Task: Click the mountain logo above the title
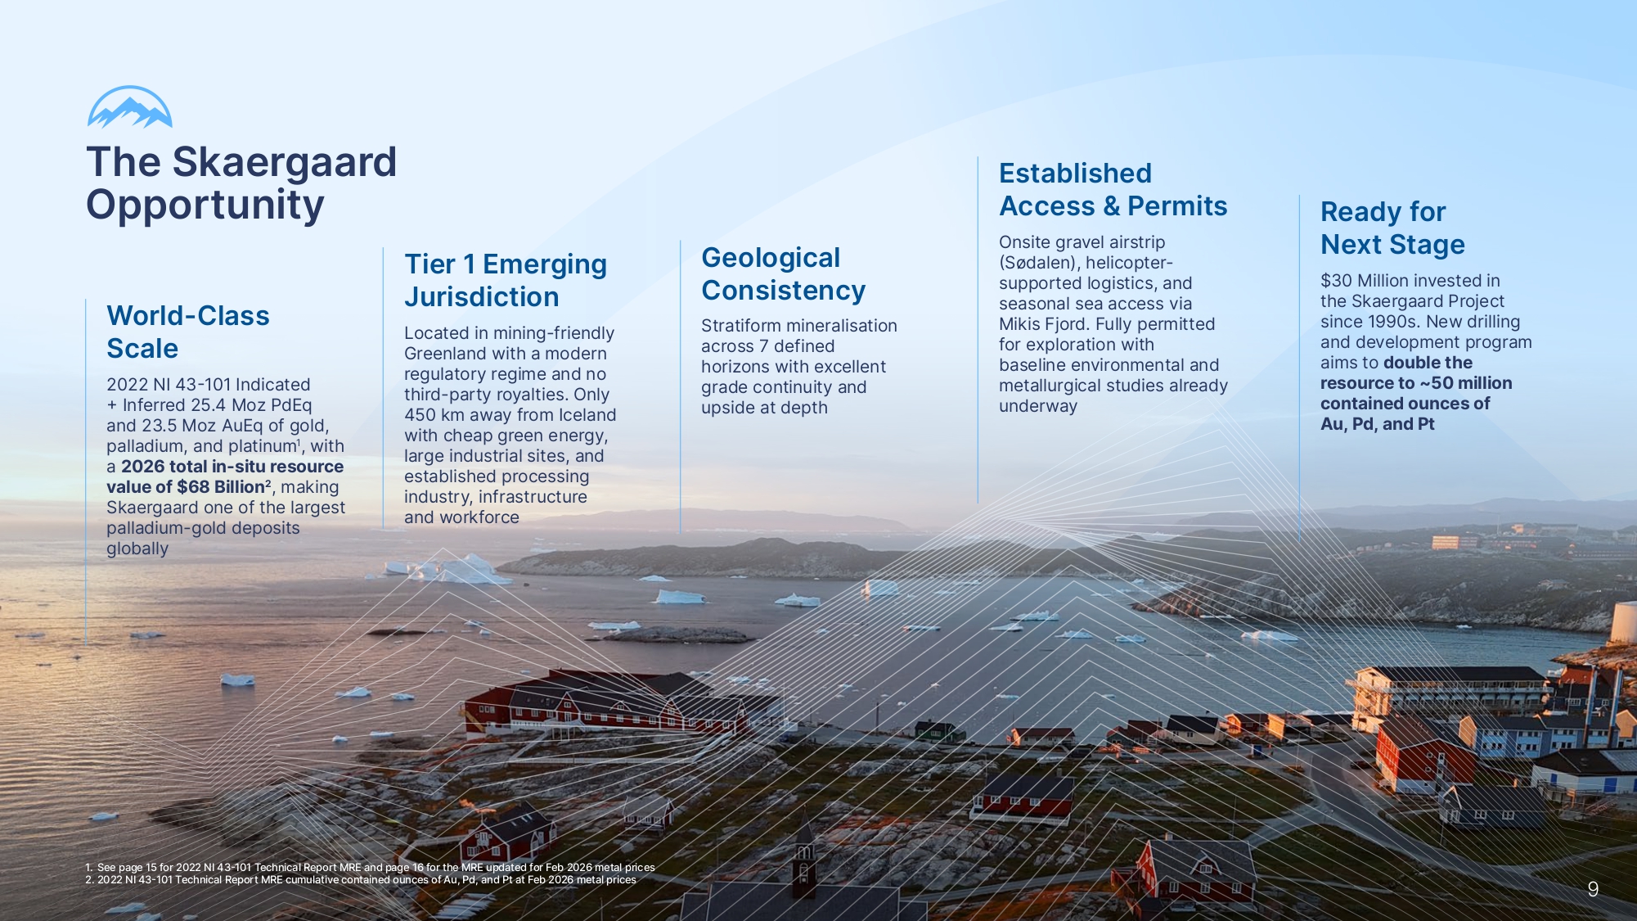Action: (x=130, y=107)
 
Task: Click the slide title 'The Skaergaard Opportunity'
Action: (x=241, y=183)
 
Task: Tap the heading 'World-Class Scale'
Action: (x=188, y=332)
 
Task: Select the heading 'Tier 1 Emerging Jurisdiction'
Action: (x=506, y=280)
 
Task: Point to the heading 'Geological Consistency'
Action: (x=783, y=273)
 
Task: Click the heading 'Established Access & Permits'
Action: (x=1113, y=189)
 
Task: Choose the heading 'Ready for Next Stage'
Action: (x=1392, y=228)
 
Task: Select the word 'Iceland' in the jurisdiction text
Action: (x=587, y=414)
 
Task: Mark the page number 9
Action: (x=1593, y=889)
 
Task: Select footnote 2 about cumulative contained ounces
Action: (x=361, y=880)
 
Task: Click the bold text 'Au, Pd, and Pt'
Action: (x=1378, y=423)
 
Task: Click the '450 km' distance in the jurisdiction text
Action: (x=434, y=414)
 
